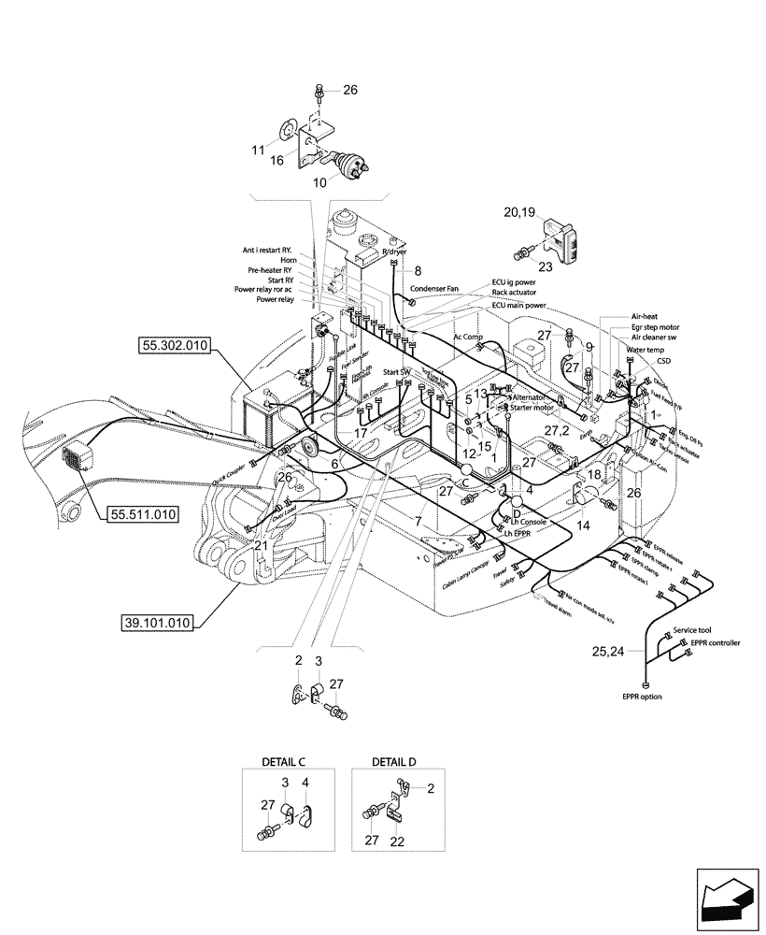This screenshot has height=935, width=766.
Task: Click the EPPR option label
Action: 645,697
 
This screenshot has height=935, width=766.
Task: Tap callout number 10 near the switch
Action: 319,182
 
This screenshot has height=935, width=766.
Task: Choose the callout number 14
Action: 585,526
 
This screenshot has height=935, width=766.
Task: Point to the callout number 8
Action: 418,272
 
